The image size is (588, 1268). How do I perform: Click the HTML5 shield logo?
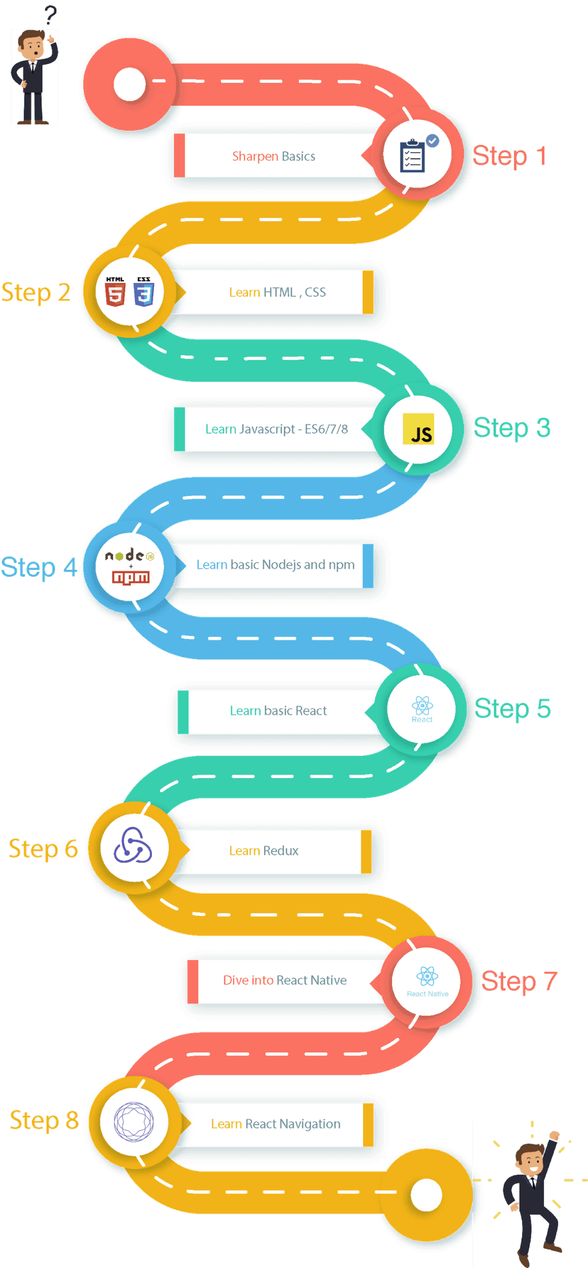pyautogui.click(x=115, y=292)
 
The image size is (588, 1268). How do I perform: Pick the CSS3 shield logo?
pyautogui.click(x=144, y=292)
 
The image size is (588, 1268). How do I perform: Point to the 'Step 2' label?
pyautogui.click(x=36, y=293)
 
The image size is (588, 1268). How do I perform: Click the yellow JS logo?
pyautogui.click(x=418, y=429)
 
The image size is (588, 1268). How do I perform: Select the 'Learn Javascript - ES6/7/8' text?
pyautogui.click(x=276, y=429)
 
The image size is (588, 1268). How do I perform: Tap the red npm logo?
pyautogui.click(x=131, y=577)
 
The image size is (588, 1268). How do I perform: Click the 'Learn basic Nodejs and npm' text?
pyautogui.click(x=275, y=565)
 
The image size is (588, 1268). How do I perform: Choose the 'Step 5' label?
pyautogui.click(x=512, y=709)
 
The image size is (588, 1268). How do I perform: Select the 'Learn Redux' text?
pyautogui.click(x=263, y=851)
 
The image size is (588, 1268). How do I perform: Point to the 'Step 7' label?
pyautogui.click(x=519, y=981)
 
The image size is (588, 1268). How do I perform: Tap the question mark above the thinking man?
pyautogui.click(x=50, y=15)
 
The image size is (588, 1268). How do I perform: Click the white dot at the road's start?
pyautogui.click(x=129, y=84)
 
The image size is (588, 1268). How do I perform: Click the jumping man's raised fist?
pyautogui.click(x=555, y=1135)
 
